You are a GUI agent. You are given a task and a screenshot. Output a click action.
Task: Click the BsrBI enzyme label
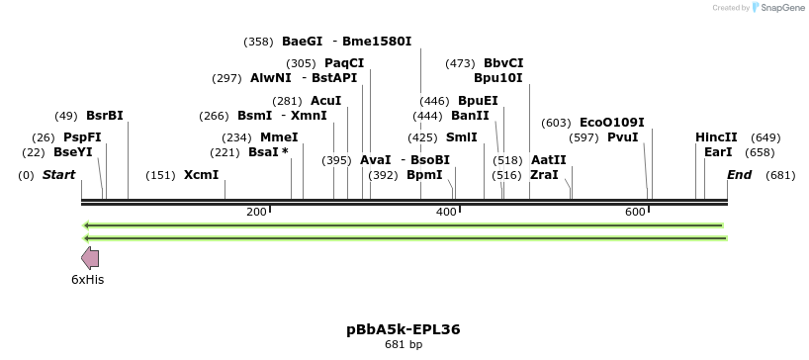click(105, 115)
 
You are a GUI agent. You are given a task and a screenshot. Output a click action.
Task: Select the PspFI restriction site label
click(82, 137)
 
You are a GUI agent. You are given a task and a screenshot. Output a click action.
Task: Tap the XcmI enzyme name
click(201, 175)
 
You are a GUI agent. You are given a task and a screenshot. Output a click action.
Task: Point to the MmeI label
click(279, 137)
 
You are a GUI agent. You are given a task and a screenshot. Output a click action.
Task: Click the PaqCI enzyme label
click(344, 63)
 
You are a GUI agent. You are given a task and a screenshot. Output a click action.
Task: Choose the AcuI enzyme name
click(325, 101)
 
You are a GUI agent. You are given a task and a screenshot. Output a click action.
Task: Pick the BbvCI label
click(503, 63)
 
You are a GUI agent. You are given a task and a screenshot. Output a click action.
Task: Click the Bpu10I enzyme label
click(498, 78)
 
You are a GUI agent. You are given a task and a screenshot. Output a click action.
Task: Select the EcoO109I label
click(611, 123)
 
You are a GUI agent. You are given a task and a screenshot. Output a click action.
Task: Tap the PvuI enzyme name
click(623, 137)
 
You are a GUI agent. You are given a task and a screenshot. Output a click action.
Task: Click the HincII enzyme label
click(716, 137)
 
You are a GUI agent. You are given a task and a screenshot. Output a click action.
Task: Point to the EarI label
click(718, 152)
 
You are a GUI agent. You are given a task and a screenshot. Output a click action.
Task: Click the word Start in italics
click(58, 175)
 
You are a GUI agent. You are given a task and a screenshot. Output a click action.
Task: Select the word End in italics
click(740, 175)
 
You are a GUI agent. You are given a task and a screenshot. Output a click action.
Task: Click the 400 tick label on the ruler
click(445, 212)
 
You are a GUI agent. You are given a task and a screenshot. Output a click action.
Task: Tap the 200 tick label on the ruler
click(256, 212)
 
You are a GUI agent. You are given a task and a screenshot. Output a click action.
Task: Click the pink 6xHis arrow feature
click(90, 258)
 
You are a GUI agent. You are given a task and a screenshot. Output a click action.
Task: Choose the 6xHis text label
click(87, 280)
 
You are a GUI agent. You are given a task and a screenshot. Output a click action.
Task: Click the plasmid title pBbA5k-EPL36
click(404, 328)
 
